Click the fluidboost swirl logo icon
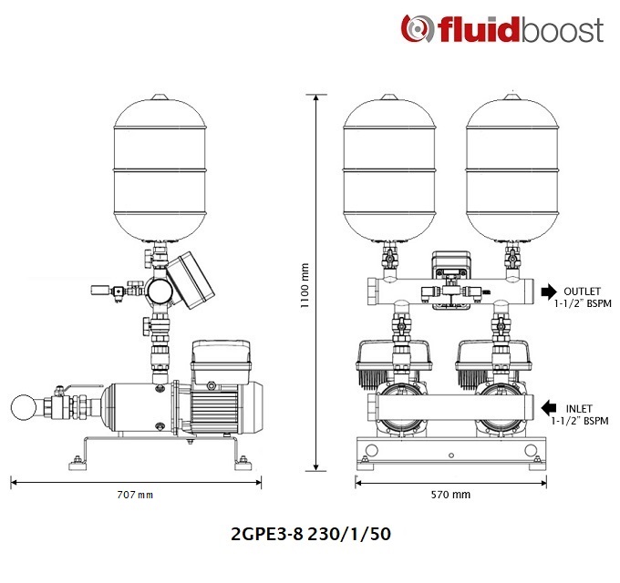415,28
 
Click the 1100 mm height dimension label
305,285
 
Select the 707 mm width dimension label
135,495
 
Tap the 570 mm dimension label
450,495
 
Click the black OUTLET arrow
549,291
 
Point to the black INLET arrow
549,408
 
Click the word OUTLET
582,291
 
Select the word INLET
579,408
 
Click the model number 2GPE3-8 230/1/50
311,534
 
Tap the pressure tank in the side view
160,169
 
